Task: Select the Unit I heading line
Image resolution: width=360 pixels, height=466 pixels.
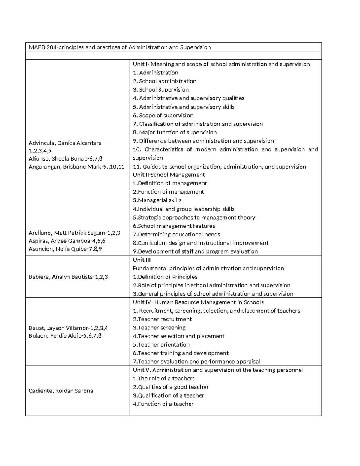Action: coord(221,64)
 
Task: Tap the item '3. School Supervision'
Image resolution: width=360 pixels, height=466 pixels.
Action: coord(161,90)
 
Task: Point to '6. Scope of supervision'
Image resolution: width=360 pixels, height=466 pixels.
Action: coord(163,116)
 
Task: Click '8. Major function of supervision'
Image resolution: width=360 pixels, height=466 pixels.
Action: coord(175,132)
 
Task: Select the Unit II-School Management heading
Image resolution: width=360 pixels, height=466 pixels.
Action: coord(169,175)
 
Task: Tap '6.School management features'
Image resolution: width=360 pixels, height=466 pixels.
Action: coord(174,226)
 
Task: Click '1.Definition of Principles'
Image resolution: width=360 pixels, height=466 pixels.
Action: coord(165,277)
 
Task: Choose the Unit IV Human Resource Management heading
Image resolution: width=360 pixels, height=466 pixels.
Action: coord(198,302)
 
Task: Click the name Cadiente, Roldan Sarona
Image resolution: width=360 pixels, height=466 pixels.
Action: coord(61,391)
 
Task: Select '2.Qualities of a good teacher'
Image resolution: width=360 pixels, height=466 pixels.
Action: coord(171,387)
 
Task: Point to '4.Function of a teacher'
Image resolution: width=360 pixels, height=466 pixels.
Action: coord(163,404)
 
